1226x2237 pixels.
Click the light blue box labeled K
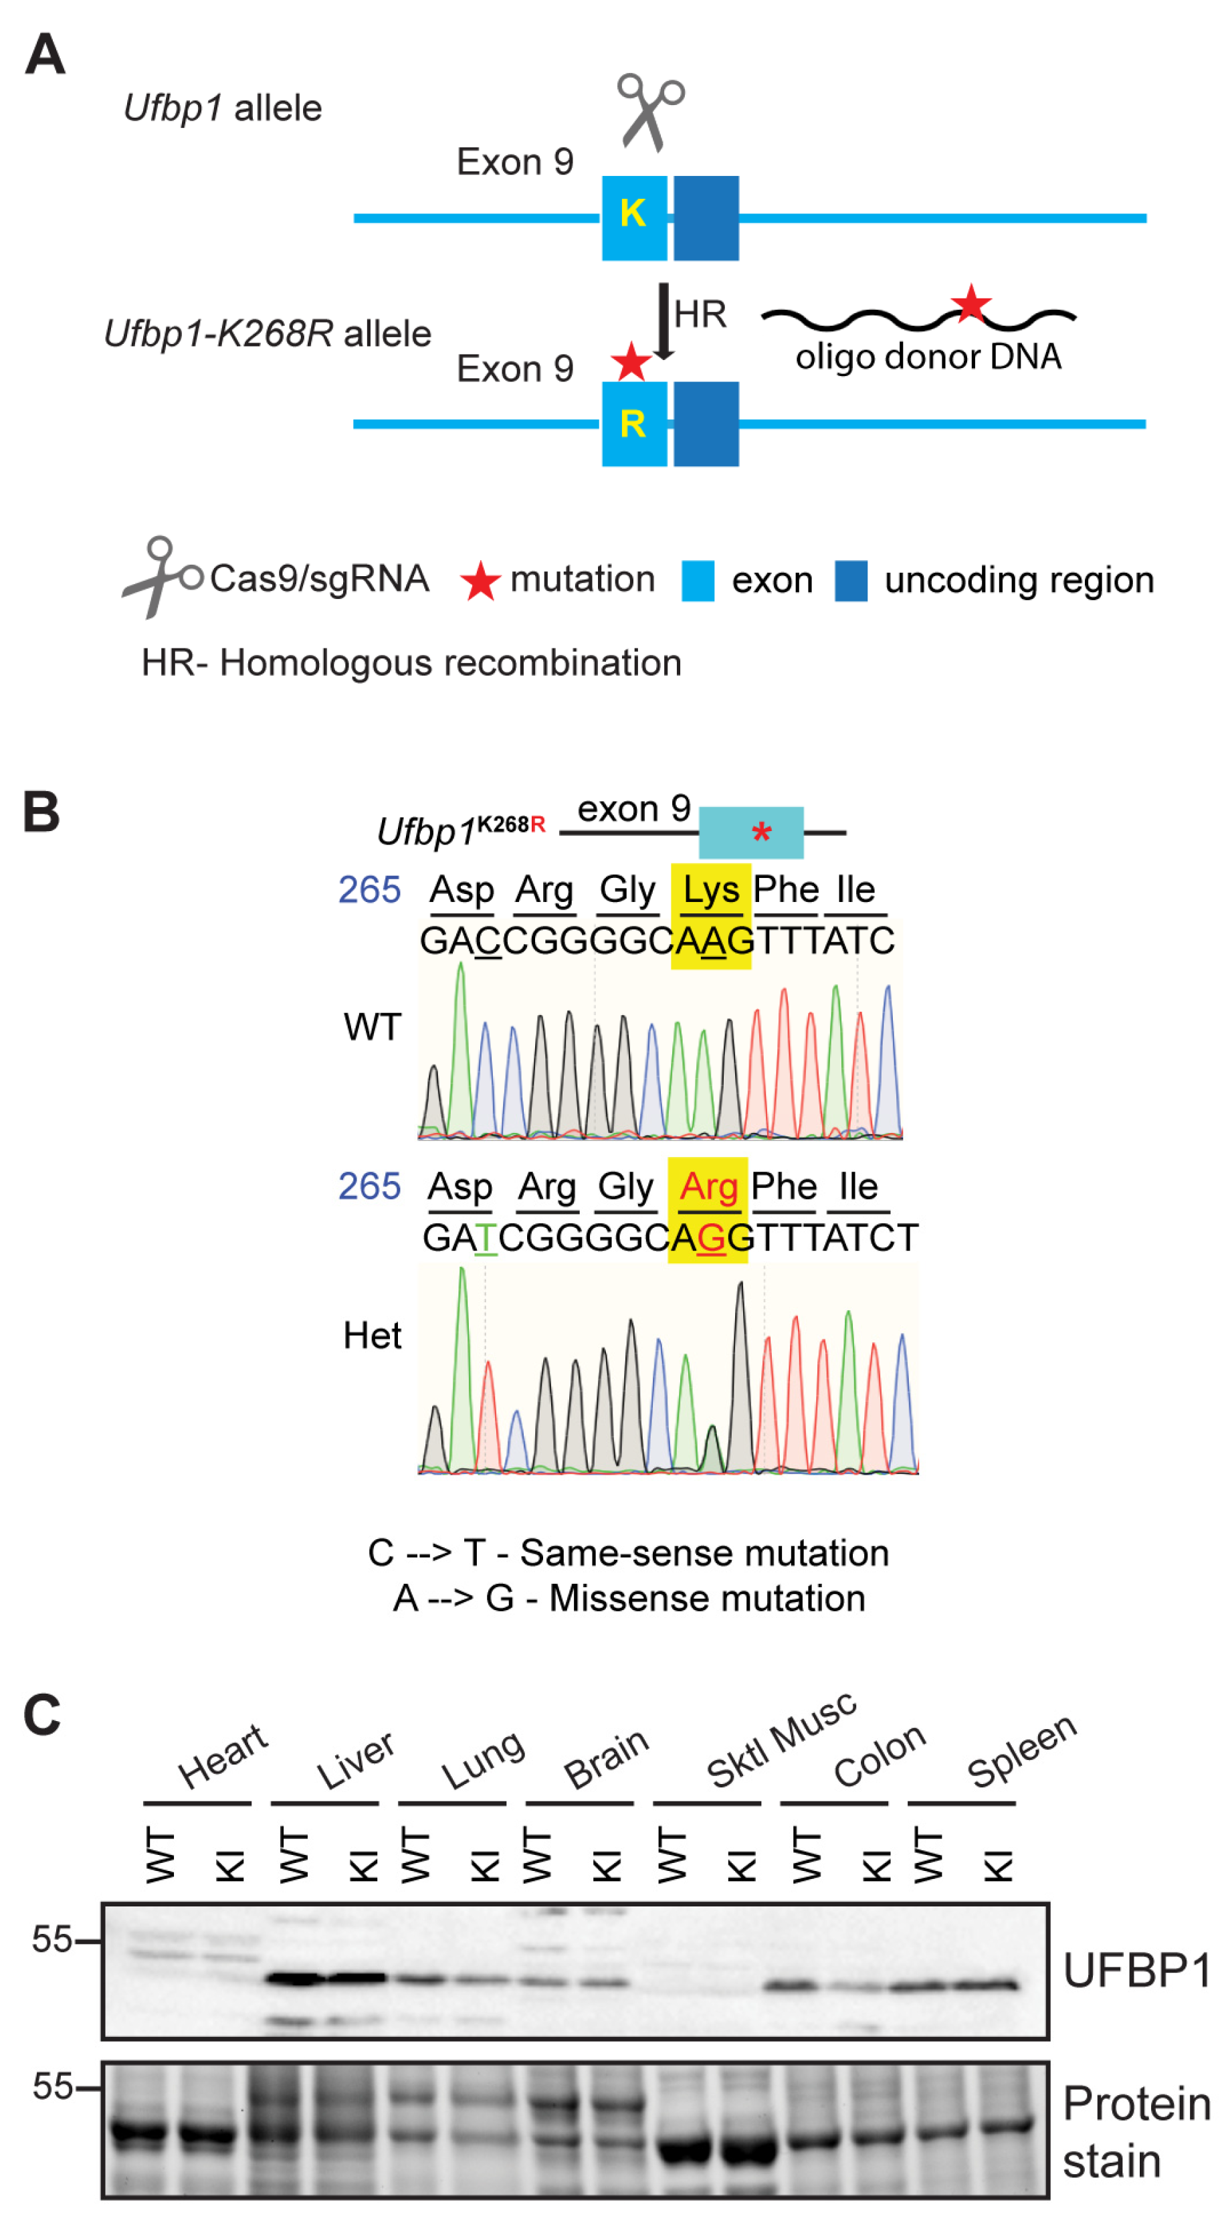click(635, 218)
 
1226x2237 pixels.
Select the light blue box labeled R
click(635, 424)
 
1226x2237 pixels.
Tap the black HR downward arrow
click(664, 321)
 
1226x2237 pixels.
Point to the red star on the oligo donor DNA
click(970, 304)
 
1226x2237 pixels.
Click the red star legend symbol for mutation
click(480, 581)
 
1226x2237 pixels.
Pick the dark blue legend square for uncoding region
click(851, 581)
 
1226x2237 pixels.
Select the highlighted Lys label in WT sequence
click(711, 890)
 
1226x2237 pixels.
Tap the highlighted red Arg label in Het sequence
click(708, 1186)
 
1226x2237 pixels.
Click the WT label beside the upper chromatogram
click(373, 1027)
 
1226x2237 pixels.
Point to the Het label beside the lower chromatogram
click(372, 1336)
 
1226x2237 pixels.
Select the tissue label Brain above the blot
click(606, 1758)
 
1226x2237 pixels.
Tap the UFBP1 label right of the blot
click(1136, 1971)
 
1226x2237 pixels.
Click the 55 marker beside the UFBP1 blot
click(52, 1939)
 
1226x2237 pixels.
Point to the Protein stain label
click(1136, 2132)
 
